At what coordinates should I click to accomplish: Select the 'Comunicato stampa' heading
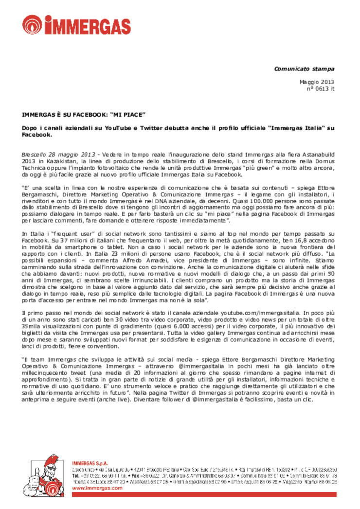point(309,69)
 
